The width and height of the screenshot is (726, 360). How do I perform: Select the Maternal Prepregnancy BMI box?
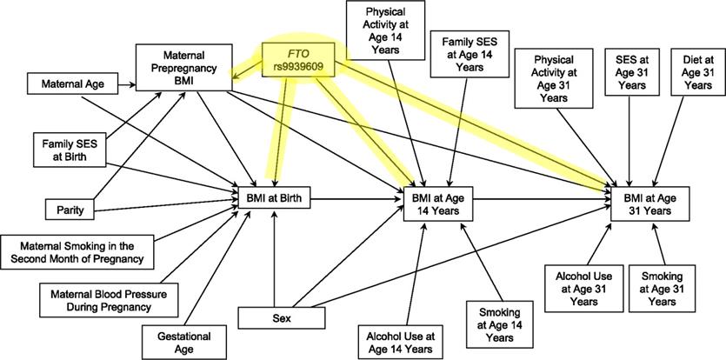tap(178, 67)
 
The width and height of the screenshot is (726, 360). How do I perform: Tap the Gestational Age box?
tap(177, 339)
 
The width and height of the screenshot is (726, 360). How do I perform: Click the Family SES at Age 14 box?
tap(468, 53)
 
